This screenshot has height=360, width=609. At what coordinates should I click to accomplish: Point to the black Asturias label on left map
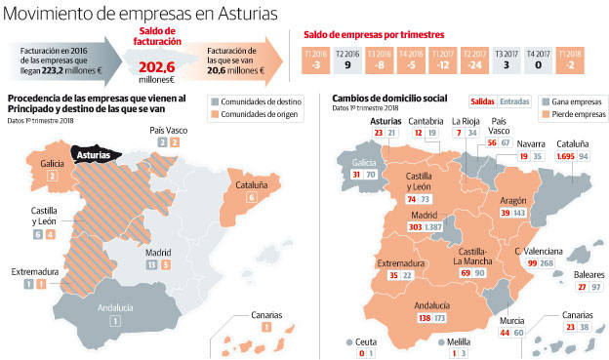point(95,154)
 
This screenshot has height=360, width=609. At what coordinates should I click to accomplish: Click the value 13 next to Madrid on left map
point(149,264)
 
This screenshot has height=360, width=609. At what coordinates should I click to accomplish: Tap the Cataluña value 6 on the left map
point(252,197)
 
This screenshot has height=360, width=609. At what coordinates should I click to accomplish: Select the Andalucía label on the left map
point(115,307)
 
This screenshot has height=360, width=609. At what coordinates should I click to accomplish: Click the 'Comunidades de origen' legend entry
point(250,114)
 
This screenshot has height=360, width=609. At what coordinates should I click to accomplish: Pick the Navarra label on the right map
point(532,143)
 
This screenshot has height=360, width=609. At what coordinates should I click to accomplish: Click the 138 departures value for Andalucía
point(425,318)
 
